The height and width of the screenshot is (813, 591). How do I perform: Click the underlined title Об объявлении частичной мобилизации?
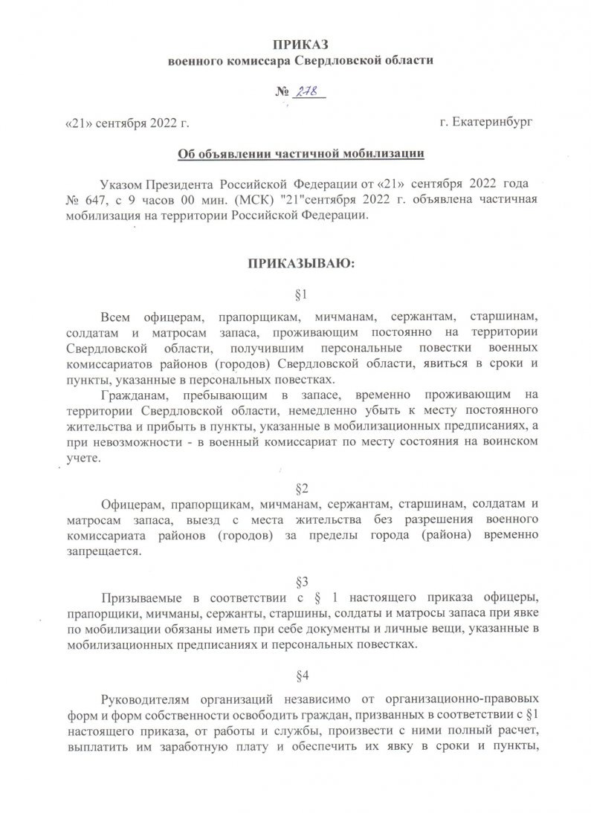300,154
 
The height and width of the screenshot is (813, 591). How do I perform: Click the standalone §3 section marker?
302,579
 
